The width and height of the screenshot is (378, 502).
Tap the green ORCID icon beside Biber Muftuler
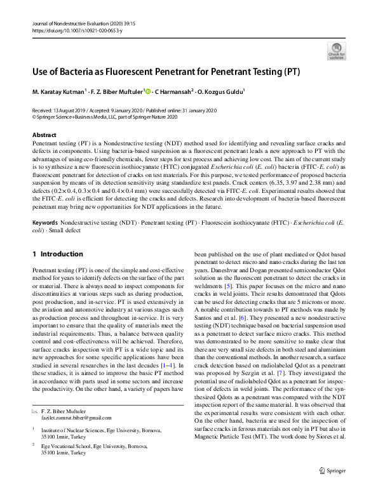click(148, 91)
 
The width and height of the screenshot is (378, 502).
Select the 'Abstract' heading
click(44, 135)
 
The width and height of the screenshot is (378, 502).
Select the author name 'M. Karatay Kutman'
click(57, 91)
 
